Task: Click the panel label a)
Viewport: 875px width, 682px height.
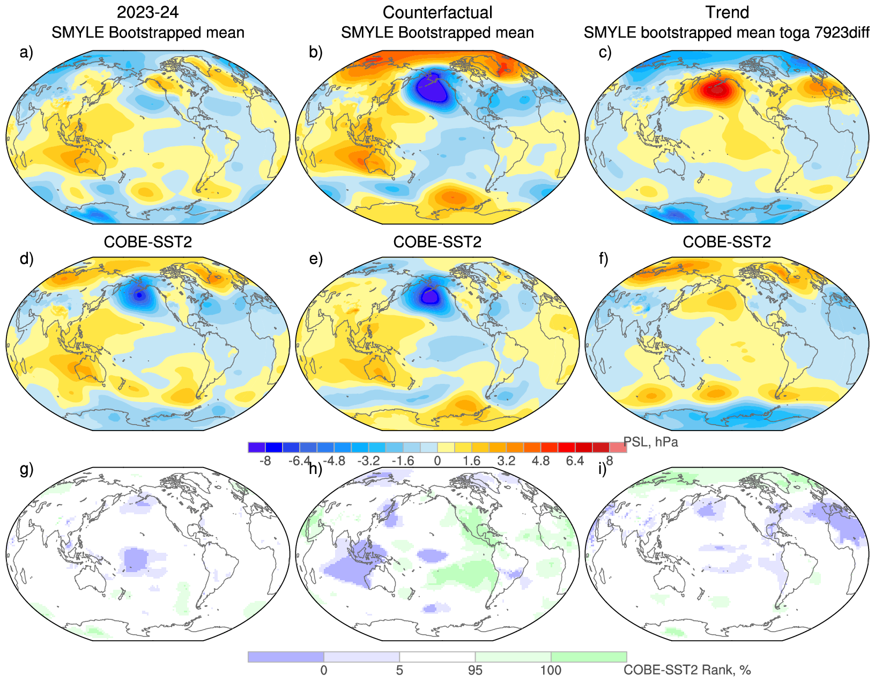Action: (26, 53)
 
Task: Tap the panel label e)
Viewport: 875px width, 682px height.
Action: (316, 259)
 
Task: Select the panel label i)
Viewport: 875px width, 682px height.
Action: (603, 469)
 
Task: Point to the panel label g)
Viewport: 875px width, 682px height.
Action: (26, 469)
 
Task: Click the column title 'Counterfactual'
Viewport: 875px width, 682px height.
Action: (437, 12)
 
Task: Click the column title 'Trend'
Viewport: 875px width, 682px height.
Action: (727, 12)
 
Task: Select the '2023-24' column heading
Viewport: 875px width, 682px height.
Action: (148, 12)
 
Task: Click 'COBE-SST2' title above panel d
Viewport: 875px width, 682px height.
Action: (148, 242)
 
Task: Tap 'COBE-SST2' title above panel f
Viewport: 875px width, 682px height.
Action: (727, 242)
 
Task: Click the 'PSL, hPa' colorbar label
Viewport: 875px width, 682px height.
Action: (650, 442)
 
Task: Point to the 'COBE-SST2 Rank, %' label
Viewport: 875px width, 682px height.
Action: (687, 670)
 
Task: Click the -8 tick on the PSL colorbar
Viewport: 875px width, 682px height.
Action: (265, 461)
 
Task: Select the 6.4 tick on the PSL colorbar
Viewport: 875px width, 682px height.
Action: (575, 461)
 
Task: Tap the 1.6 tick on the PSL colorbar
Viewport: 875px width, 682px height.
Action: (472, 461)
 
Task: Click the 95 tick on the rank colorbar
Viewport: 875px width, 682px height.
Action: (475, 670)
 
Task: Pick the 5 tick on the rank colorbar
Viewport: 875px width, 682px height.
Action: (399, 670)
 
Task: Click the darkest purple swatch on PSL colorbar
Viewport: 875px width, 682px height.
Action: (257, 447)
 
